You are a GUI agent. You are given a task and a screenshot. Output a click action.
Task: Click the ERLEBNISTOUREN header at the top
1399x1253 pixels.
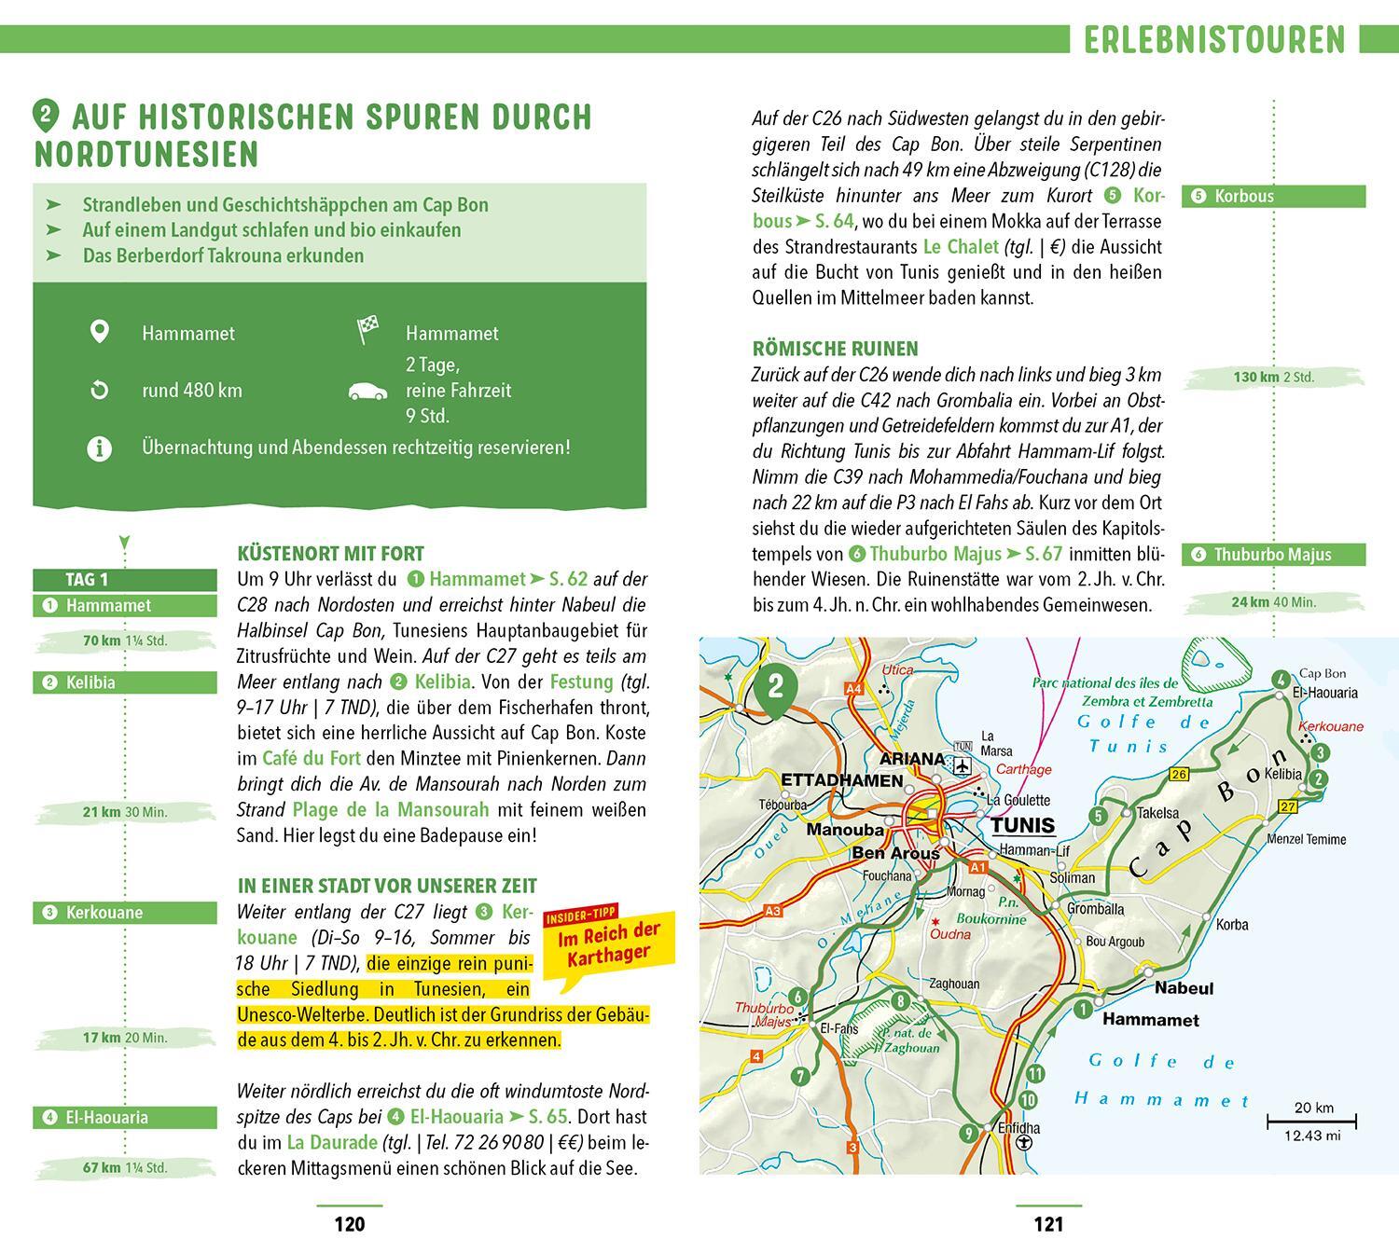[x=1214, y=39]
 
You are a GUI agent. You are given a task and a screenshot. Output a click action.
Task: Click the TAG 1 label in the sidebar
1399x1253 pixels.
[x=87, y=579]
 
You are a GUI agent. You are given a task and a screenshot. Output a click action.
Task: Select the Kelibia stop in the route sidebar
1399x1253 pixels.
[x=125, y=682]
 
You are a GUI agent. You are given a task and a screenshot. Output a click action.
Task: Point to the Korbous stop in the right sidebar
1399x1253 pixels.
[x=1273, y=196]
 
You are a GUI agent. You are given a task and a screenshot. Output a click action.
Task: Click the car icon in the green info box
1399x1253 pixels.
[x=367, y=391]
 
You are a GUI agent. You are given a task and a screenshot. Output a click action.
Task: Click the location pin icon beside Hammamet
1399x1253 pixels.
[x=99, y=332]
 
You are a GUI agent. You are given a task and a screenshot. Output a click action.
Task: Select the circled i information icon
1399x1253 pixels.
[x=99, y=447]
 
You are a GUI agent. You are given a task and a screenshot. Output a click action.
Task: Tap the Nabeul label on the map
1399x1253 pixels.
[x=1184, y=987]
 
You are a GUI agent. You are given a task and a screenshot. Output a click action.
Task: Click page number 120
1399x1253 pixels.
[x=349, y=1224]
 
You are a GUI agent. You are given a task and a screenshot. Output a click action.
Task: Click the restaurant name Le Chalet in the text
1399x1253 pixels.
[x=960, y=247]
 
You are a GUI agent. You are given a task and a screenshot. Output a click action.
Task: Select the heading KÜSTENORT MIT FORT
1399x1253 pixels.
[x=330, y=554]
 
